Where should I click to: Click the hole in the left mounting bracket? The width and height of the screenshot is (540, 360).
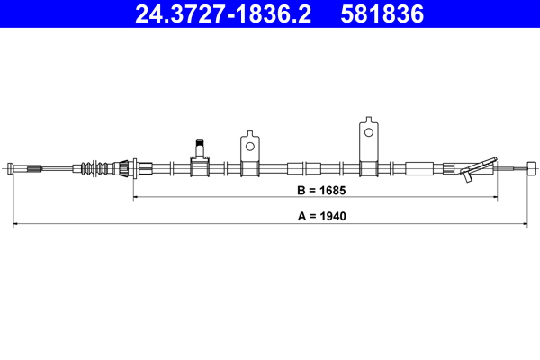(249, 140)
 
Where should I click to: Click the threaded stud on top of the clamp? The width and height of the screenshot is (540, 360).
(200, 146)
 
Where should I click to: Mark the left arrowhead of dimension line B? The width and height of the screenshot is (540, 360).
(137, 195)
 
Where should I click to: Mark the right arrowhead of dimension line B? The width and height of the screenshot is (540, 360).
(495, 195)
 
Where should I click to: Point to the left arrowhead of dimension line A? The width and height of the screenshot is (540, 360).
(14, 221)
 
